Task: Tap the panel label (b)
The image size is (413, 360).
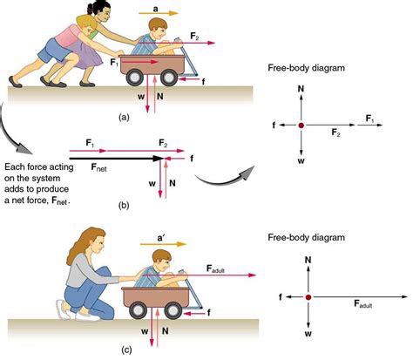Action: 124,206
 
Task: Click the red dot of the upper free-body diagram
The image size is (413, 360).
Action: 301,126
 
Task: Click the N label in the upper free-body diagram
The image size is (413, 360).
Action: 301,88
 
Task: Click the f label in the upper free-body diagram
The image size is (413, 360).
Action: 273,126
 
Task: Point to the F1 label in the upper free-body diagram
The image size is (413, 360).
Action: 369,117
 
